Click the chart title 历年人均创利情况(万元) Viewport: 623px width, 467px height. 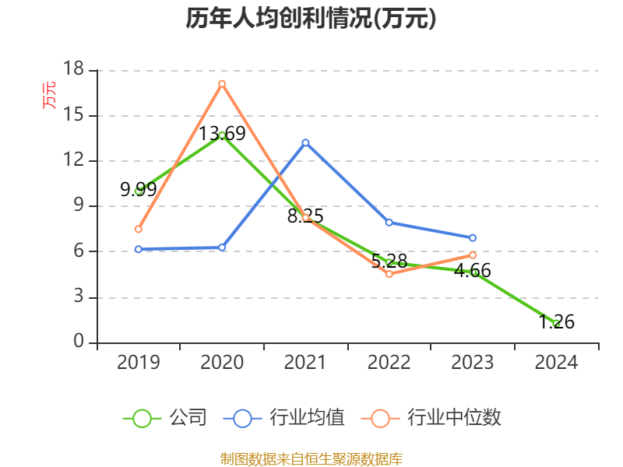tap(311, 19)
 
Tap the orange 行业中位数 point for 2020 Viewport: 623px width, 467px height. tap(222, 83)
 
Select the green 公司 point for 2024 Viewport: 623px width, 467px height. tap(556, 323)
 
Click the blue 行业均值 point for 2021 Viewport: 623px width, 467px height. tap(305, 142)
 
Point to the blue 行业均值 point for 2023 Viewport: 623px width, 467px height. tap(473, 237)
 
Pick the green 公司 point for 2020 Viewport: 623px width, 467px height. tap(222, 135)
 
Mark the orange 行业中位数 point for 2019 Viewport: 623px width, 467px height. tap(138, 229)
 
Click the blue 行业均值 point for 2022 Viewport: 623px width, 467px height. tap(389, 222)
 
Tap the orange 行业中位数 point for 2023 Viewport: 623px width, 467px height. tap(473, 255)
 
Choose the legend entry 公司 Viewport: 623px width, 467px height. tap(166, 418)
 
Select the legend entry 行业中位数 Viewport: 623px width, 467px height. tap(433, 418)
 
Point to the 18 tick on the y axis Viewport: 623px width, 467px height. tap(73, 70)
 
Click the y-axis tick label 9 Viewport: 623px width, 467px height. tap(79, 206)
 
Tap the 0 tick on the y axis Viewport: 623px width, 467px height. tap(79, 342)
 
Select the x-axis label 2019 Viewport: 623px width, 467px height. tap(138, 363)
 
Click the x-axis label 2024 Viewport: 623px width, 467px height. tap(556, 363)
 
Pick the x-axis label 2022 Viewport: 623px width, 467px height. tap(389, 363)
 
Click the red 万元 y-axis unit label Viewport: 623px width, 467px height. tap(49, 95)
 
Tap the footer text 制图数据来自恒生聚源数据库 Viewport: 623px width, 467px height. tap(311, 458)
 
